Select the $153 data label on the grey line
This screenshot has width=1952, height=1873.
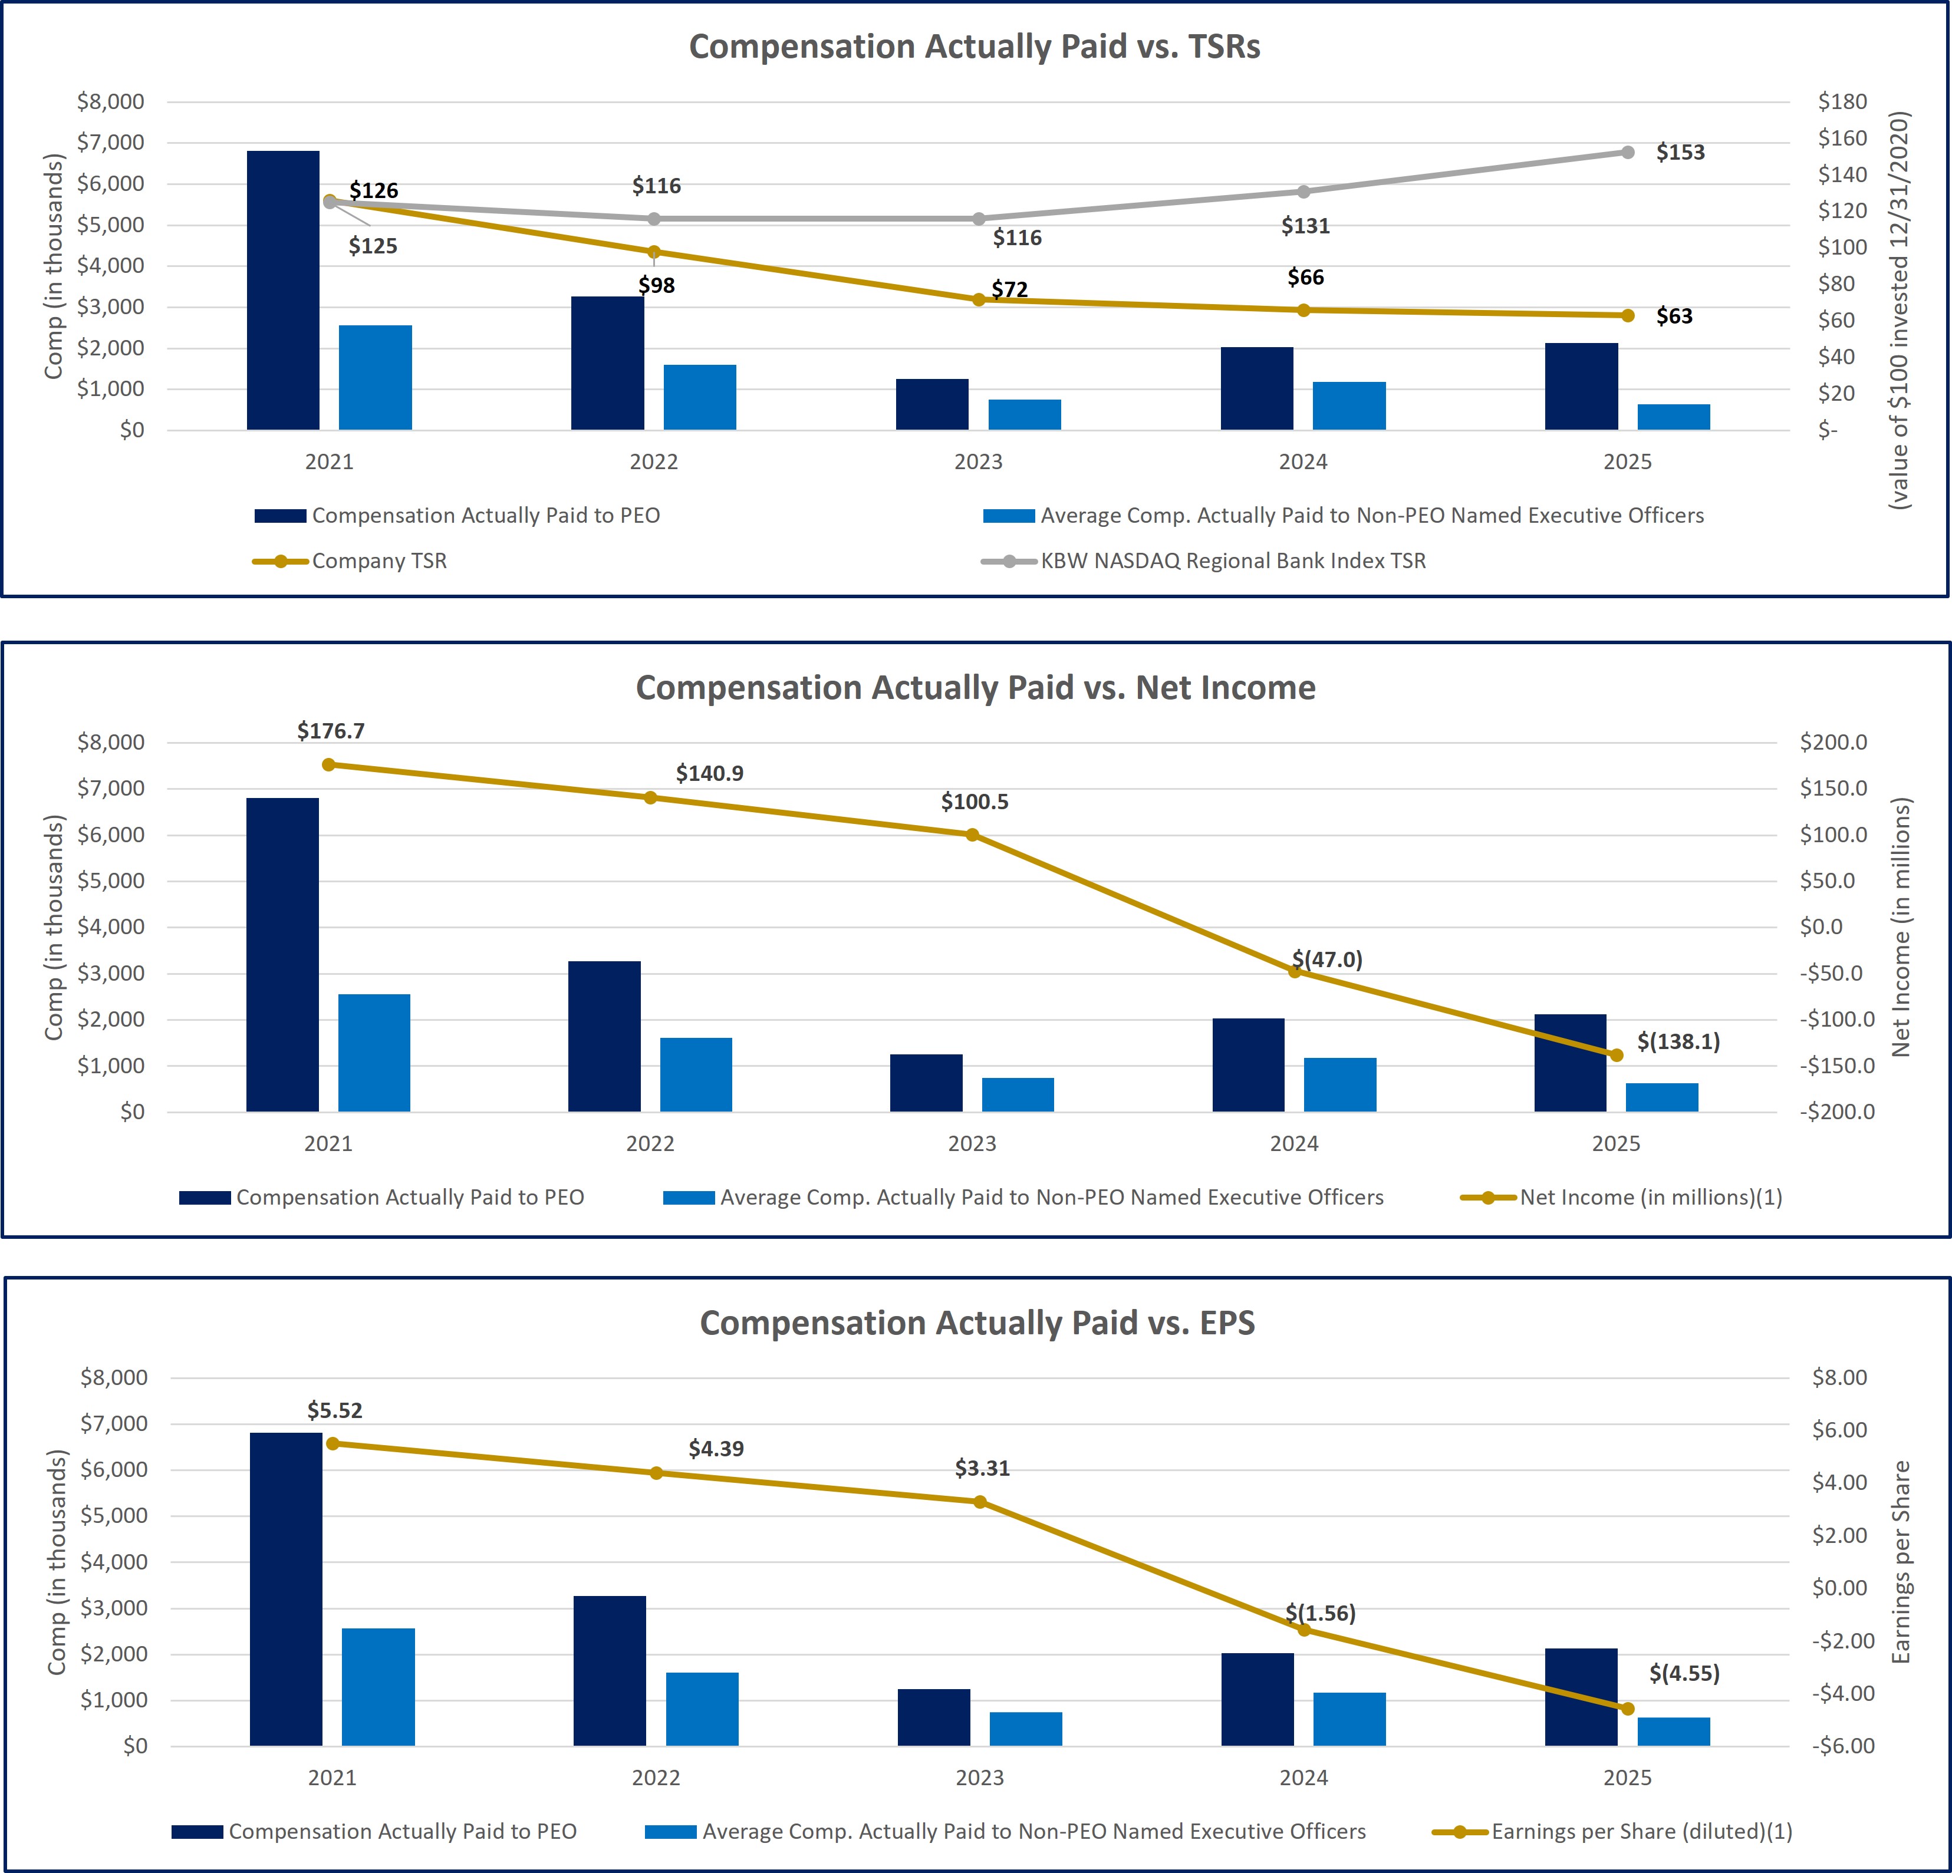[x=1680, y=152]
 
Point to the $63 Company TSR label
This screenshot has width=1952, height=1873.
[x=1674, y=316]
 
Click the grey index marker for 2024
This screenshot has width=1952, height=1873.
[x=1303, y=191]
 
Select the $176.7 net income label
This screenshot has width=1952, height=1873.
[x=331, y=731]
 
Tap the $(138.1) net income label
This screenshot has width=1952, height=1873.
[x=1678, y=1041]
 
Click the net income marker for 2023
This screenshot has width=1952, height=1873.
[x=972, y=835]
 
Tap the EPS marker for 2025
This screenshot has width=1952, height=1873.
[x=1627, y=1709]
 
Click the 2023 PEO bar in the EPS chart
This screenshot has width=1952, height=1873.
[x=933, y=1717]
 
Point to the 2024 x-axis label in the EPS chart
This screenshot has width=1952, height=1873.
[x=1303, y=1778]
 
